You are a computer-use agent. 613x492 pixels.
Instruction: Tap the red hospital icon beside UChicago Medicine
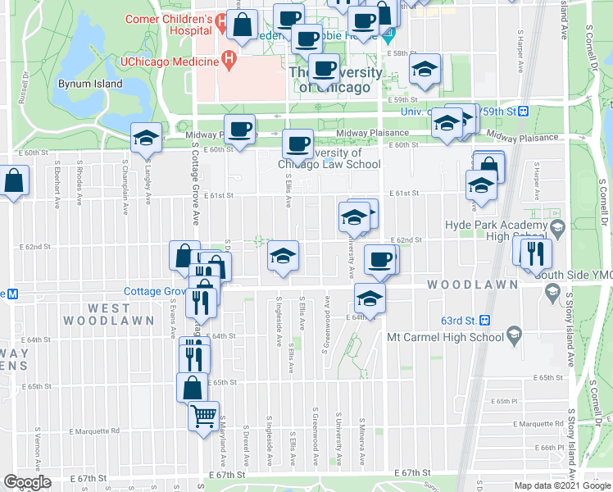tap(229, 60)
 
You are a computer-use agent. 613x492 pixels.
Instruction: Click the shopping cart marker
tap(204, 416)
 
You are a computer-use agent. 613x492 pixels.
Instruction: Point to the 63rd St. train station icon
tap(484, 320)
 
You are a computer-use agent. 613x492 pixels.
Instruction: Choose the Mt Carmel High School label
tap(444, 336)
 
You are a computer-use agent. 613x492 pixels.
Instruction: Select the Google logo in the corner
tap(26, 482)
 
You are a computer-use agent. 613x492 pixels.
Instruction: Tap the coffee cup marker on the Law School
tap(297, 144)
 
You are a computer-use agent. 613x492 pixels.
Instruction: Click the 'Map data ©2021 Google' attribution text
tap(561, 485)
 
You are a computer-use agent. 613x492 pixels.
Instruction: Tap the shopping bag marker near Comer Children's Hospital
tap(243, 27)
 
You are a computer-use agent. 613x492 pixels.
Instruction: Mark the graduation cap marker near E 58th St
tap(424, 70)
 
